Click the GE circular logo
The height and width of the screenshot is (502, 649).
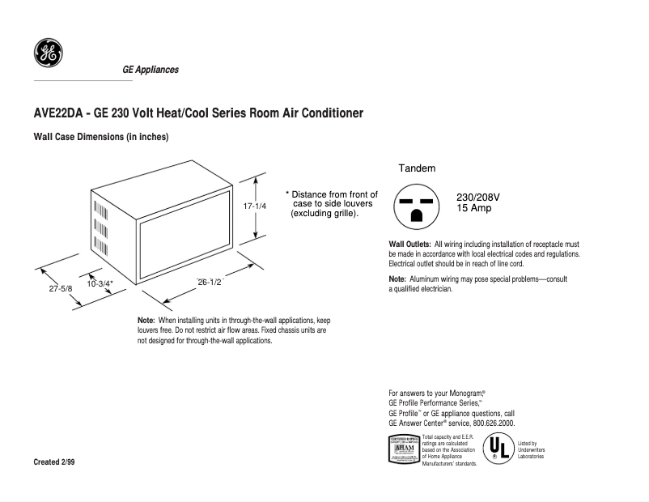pyautogui.click(x=47, y=53)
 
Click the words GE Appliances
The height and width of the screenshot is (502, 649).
pyautogui.click(x=151, y=70)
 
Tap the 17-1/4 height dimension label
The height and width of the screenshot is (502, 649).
pyautogui.click(x=255, y=206)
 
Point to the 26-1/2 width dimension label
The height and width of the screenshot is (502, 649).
pyautogui.click(x=210, y=282)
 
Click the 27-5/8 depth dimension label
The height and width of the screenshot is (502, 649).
pyautogui.click(x=59, y=288)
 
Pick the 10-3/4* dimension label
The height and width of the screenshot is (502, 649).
pyautogui.click(x=100, y=283)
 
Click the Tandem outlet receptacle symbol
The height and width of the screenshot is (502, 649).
pyautogui.click(x=416, y=206)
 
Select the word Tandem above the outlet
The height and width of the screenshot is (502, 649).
pyautogui.click(x=417, y=168)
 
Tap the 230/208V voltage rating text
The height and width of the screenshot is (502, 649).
pyautogui.click(x=478, y=197)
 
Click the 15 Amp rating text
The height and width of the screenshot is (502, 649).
pyautogui.click(x=474, y=208)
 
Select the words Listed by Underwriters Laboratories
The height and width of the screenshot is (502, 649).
pyautogui.click(x=531, y=450)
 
